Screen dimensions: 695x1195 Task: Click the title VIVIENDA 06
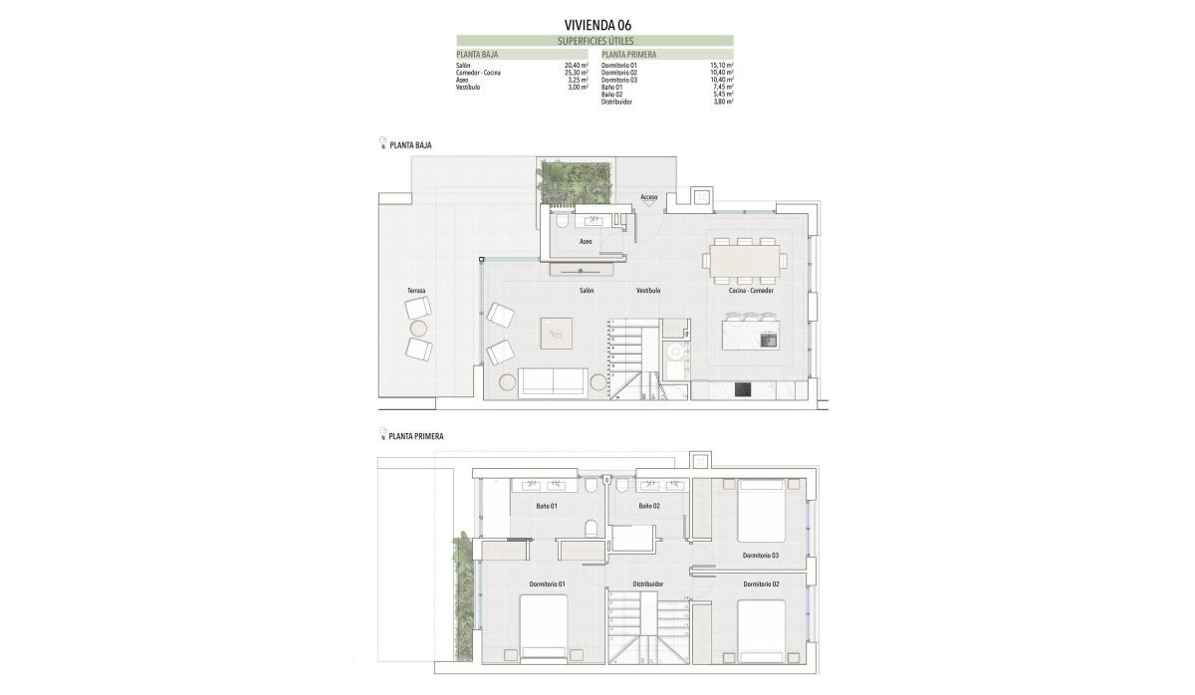[x=597, y=24]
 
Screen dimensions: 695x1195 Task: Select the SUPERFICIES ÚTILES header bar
[x=596, y=41]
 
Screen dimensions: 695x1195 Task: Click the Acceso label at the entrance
[x=649, y=197]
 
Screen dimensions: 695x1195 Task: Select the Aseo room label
[x=586, y=242]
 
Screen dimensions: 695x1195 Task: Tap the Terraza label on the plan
[x=416, y=291]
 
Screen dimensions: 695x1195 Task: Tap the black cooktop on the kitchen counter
[x=742, y=390]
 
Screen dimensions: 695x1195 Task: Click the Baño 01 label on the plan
[x=547, y=506]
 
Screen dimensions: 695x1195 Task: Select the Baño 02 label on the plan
[x=649, y=506]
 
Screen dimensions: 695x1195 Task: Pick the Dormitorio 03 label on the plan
[x=760, y=555]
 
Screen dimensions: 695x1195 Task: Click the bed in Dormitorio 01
[x=544, y=627]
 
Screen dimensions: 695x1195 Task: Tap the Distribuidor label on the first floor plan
[x=648, y=584]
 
